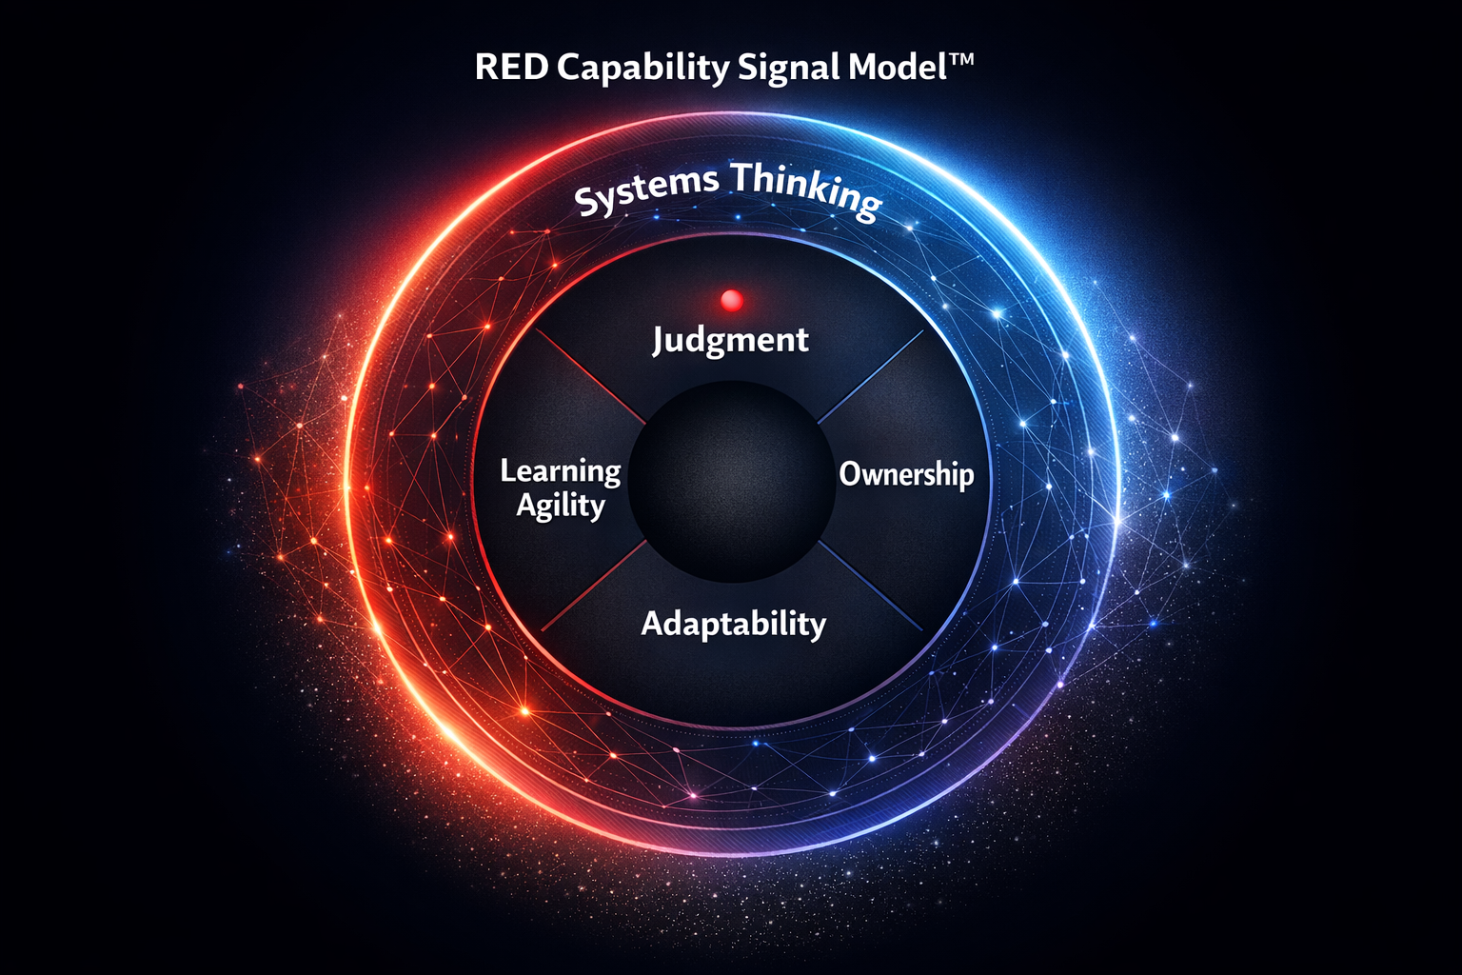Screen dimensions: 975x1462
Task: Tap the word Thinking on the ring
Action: point(805,189)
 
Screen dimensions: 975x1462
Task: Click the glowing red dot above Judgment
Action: point(732,301)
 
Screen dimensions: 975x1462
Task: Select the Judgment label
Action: point(731,341)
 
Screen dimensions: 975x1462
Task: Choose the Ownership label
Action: point(906,474)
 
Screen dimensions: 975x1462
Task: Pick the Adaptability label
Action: point(733,625)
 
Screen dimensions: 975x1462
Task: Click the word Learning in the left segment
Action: point(561,470)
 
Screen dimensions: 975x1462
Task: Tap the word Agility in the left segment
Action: point(561,505)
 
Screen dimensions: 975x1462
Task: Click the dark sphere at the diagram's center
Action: point(730,482)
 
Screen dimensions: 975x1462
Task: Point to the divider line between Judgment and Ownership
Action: point(871,376)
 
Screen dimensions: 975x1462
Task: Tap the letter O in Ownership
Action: point(850,473)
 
